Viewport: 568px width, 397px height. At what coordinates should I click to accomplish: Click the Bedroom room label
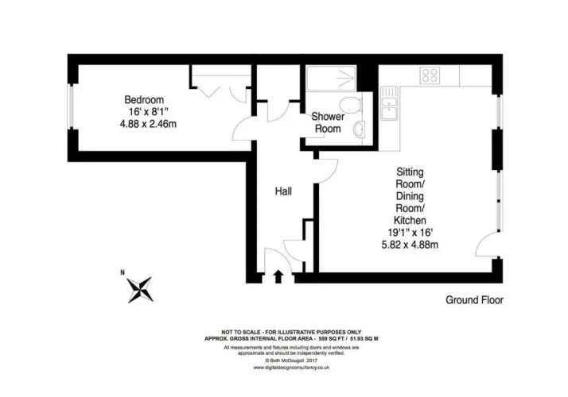[144, 99]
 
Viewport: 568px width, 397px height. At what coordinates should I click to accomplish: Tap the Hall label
[283, 191]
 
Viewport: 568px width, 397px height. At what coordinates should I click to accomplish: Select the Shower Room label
[328, 122]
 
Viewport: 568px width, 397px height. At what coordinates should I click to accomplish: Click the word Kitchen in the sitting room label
[410, 220]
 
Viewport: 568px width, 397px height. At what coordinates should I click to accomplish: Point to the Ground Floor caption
[474, 300]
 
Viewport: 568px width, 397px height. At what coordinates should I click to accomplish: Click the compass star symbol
[140, 290]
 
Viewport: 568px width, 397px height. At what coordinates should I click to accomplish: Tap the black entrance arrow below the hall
[278, 276]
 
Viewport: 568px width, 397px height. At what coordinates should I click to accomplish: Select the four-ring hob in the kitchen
[430, 75]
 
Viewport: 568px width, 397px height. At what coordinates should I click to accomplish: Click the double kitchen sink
[390, 102]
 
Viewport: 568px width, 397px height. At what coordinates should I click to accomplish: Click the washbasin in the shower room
[359, 129]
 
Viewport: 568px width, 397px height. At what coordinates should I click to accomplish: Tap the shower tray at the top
[331, 78]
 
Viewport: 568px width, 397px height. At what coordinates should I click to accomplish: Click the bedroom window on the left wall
[72, 106]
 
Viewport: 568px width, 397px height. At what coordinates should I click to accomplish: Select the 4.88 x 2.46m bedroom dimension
[148, 124]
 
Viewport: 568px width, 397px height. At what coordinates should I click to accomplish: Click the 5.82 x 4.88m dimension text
[410, 245]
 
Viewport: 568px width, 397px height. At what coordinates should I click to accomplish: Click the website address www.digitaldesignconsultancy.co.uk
[291, 368]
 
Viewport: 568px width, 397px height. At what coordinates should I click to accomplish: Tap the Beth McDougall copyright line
[291, 360]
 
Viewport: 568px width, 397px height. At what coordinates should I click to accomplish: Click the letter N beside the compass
[123, 272]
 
